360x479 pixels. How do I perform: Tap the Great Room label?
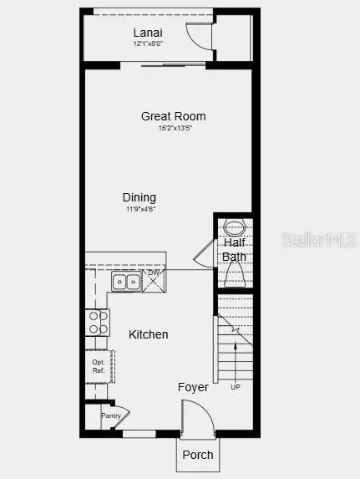click(x=173, y=116)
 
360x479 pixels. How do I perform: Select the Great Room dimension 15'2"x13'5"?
click(x=173, y=128)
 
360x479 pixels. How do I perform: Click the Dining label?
click(x=139, y=197)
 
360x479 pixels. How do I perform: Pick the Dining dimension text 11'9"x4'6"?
click(x=139, y=209)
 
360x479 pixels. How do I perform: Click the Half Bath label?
click(x=234, y=249)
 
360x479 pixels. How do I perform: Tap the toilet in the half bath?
click(x=234, y=273)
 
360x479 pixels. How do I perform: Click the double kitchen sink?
click(x=127, y=283)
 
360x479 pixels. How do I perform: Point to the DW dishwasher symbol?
click(x=154, y=280)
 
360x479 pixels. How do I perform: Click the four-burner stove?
click(x=97, y=322)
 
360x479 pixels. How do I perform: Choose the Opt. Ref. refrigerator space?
click(x=98, y=365)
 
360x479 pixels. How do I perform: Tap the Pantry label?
click(x=111, y=415)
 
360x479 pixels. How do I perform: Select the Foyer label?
click(x=193, y=387)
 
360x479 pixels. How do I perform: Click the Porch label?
click(x=198, y=455)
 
